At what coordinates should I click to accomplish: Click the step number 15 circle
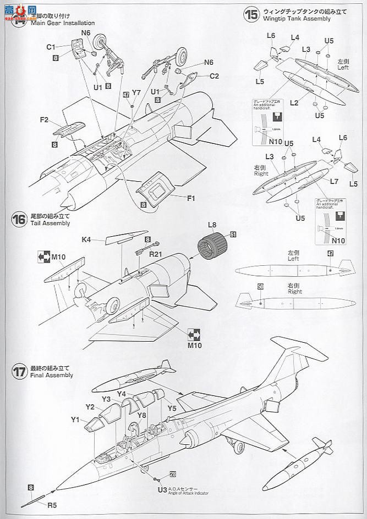point(251,15)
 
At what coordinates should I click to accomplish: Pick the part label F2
point(45,120)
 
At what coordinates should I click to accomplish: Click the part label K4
point(86,239)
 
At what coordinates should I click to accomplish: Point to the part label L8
point(212,224)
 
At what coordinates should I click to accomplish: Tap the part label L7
point(334,181)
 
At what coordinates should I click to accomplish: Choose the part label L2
point(294,103)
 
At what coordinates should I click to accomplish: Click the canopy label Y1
point(75,420)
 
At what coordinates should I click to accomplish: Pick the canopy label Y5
point(172,408)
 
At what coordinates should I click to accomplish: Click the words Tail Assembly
point(50,224)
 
